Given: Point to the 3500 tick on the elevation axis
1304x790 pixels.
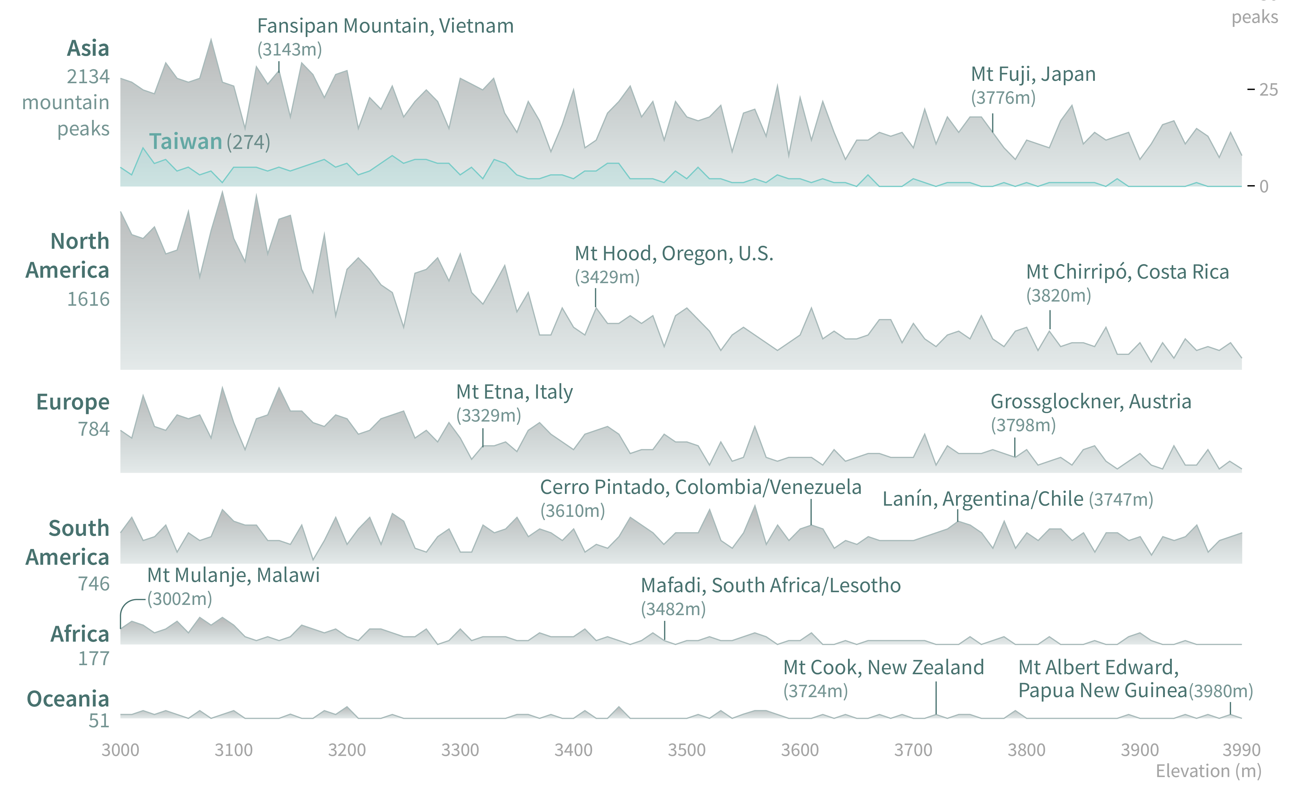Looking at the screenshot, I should pos(686,750).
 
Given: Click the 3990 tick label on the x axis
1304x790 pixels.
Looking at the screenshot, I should pos(1241,750).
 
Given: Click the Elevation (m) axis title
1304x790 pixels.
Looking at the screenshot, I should pos(1208,771).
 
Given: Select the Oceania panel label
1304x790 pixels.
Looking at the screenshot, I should pos(68,699).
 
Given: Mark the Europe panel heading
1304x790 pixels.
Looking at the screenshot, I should pos(72,402).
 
